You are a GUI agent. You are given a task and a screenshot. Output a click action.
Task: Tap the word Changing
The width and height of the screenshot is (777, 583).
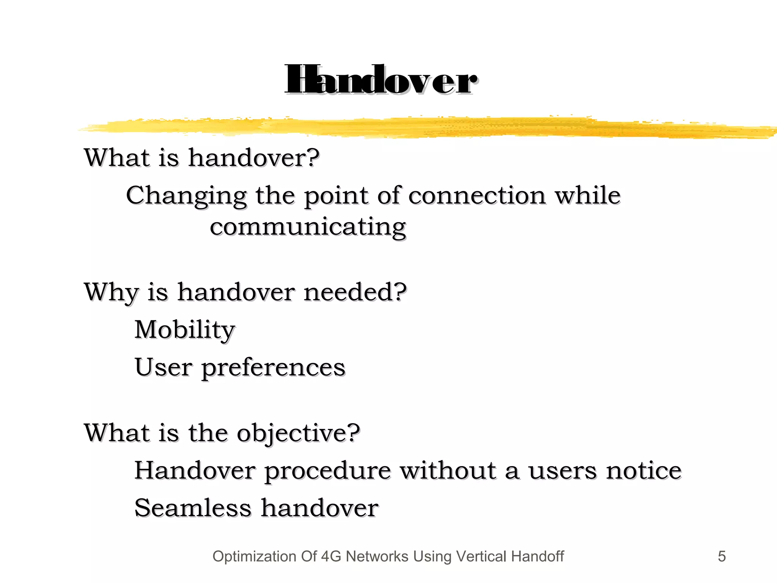coord(186,196)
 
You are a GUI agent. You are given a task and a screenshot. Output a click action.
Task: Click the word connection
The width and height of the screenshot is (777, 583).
coord(477,196)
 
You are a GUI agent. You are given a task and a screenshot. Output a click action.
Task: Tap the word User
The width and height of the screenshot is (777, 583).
coord(163,367)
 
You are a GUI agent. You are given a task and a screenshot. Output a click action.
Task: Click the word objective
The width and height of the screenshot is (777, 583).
coord(298,433)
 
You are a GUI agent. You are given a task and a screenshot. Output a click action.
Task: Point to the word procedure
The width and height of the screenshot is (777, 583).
coord(327,471)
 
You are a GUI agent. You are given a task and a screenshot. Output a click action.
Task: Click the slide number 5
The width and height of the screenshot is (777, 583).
coord(722,556)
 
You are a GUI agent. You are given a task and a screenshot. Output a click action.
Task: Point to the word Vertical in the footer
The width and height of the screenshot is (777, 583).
coord(481,556)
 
